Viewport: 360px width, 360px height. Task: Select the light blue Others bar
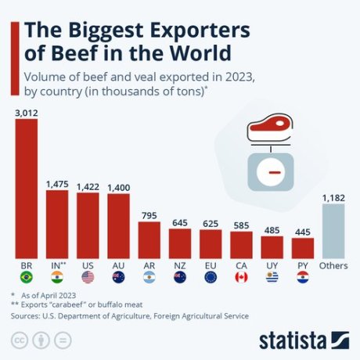(333, 232)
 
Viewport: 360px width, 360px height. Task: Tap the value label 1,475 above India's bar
(57, 182)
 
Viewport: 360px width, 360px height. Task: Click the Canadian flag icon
(240, 278)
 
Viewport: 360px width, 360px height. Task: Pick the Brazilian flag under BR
(27, 278)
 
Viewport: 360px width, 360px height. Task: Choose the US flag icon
(88, 278)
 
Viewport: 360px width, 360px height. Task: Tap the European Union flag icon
(210, 278)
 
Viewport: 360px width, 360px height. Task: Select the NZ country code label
(179, 265)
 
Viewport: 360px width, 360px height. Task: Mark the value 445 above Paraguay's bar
(302, 231)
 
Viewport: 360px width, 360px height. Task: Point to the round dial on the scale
(269, 170)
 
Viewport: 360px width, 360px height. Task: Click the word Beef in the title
(73, 54)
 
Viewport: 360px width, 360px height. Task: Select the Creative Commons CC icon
(20, 340)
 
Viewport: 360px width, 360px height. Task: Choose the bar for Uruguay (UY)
(272, 247)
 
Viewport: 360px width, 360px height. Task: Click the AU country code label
(118, 265)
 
